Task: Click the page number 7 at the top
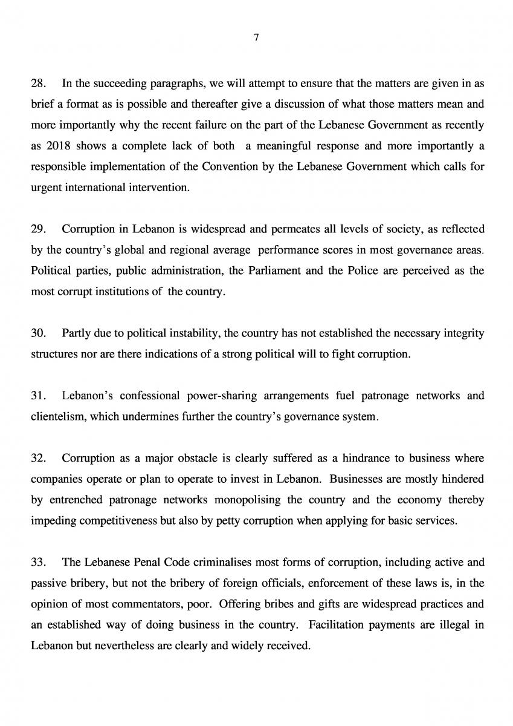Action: (256, 38)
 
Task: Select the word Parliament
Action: (274, 270)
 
